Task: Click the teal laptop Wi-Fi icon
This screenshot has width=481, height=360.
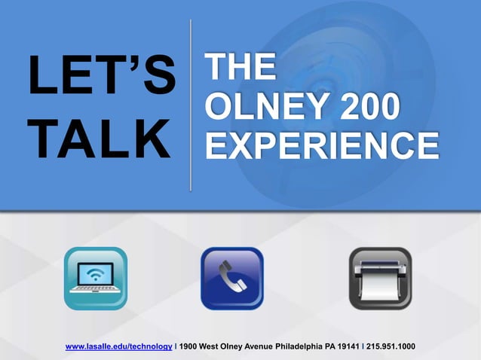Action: [x=96, y=279]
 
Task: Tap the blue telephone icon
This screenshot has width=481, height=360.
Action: [x=231, y=279]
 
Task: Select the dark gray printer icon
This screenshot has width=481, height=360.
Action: [x=380, y=279]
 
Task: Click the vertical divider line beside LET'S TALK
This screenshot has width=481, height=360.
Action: [x=191, y=105]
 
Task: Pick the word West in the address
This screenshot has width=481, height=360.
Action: [x=212, y=346]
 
